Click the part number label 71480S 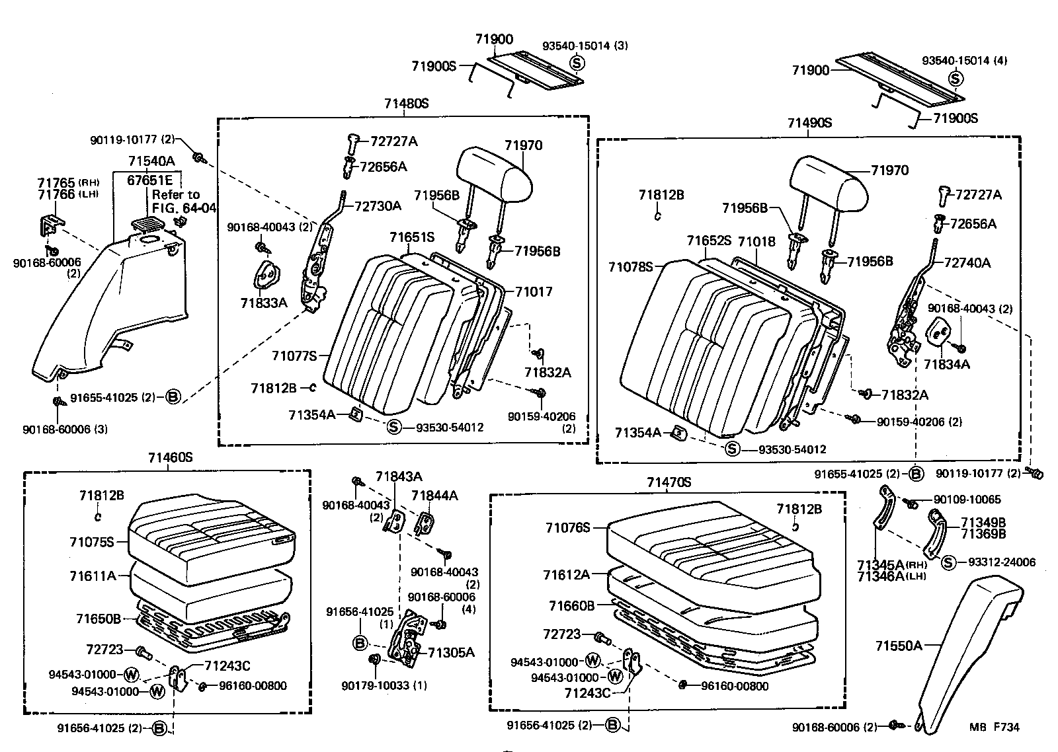click(406, 104)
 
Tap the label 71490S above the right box click(809, 123)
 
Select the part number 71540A click(151, 161)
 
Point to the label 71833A click(264, 303)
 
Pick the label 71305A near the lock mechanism click(451, 652)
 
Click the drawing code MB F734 click(995, 727)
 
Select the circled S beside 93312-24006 click(948, 562)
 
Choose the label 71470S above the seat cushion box click(669, 482)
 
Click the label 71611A click(93, 576)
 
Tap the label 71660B click(571, 605)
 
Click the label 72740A click(967, 262)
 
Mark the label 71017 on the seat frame click(534, 291)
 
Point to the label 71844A click(434, 495)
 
